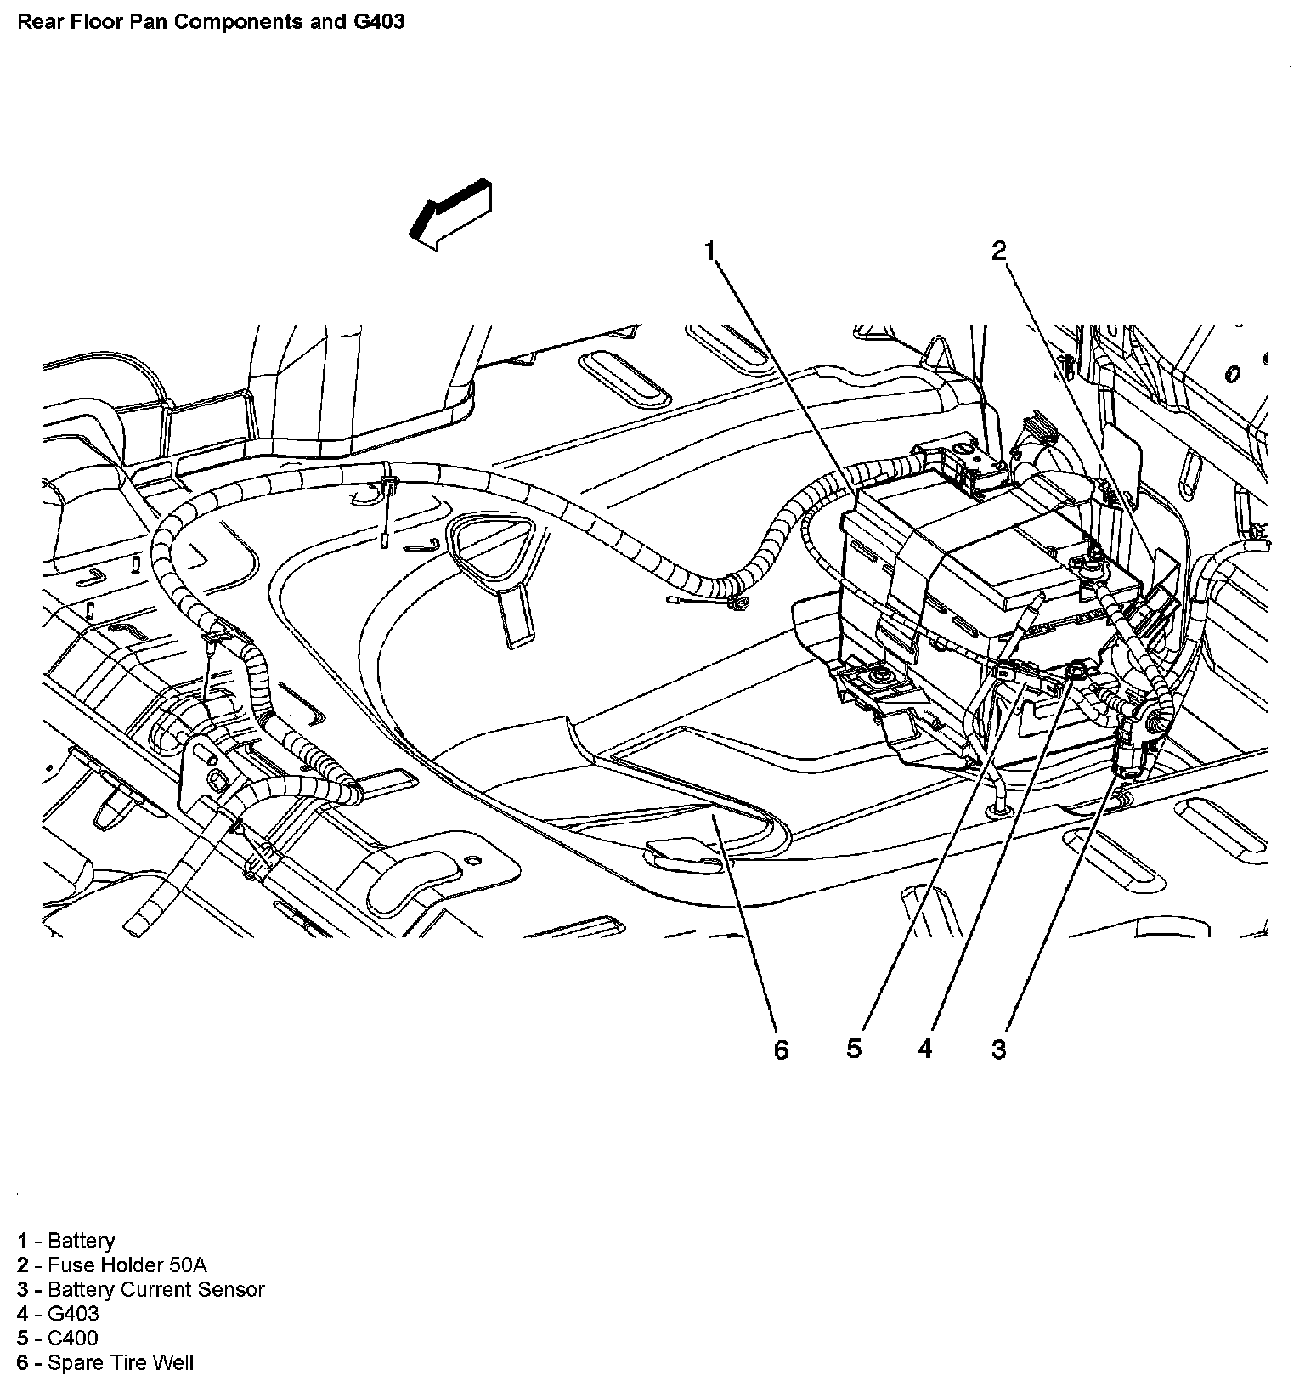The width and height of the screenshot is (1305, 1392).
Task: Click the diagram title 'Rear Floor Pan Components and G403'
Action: click(211, 21)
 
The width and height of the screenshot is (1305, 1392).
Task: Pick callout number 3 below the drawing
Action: click(998, 1049)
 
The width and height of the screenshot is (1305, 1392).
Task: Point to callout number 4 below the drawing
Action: click(925, 1049)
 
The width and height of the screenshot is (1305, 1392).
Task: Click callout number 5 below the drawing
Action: click(854, 1049)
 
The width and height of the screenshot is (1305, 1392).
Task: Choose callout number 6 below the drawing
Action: click(781, 1050)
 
